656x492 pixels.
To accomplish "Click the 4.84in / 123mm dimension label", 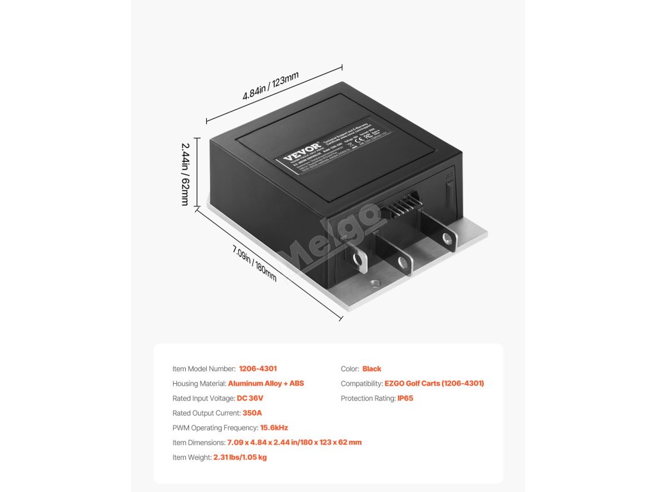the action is click(x=270, y=86).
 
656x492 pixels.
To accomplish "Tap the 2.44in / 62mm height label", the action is click(x=184, y=174).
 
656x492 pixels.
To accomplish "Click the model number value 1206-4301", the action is click(x=258, y=369).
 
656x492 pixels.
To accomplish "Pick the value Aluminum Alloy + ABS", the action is click(x=266, y=384).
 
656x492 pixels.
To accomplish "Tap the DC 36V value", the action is click(x=250, y=398).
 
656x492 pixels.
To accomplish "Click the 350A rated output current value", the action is click(x=252, y=413).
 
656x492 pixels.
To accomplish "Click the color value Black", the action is click(x=372, y=369).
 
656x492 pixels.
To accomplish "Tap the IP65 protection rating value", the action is click(x=405, y=398).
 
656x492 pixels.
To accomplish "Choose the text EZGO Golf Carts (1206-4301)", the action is click(x=434, y=384).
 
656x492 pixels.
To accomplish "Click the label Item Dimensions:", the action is click(x=198, y=443).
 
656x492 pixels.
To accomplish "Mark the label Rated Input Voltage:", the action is click(x=203, y=398).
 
